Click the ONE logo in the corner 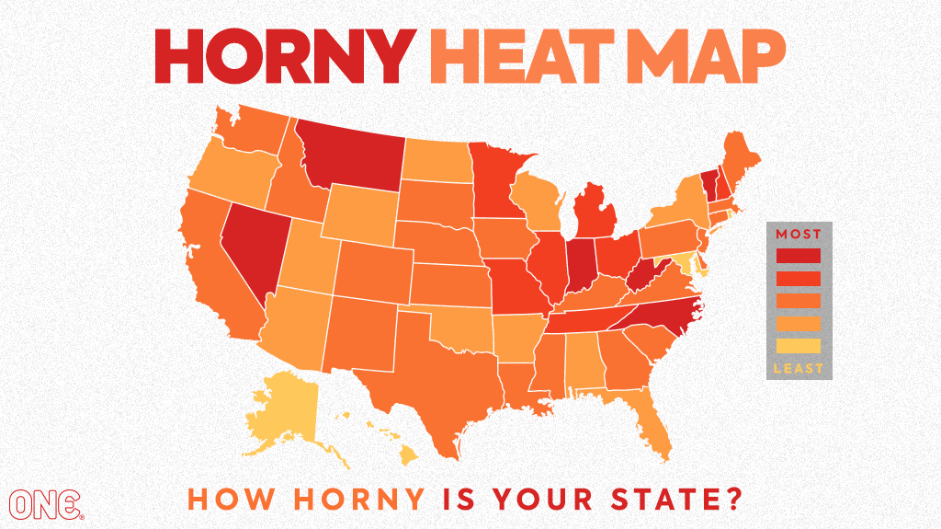tap(46, 503)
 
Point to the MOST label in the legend tap(799, 234)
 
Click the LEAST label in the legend tap(799, 369)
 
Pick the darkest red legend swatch tap(799, 255)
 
